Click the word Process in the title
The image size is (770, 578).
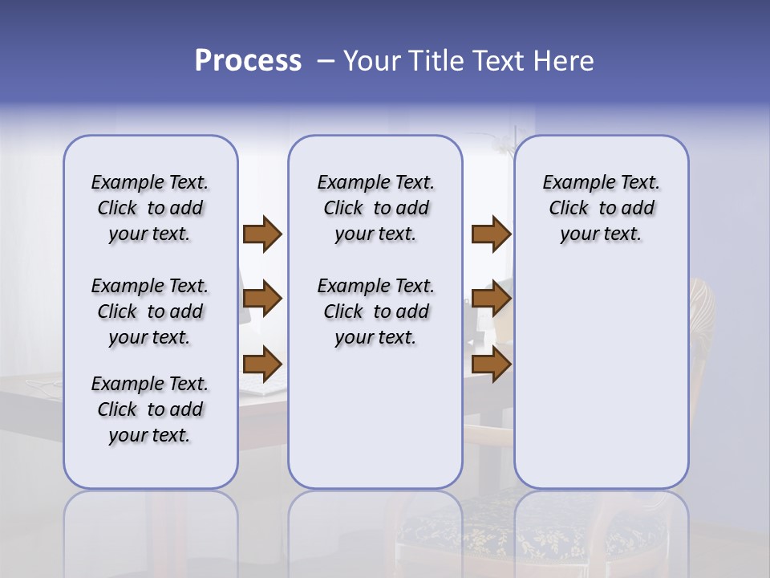(248, 61)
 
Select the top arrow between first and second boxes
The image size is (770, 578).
(262, 234)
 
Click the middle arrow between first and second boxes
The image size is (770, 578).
(262, 299)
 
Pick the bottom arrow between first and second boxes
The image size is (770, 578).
(262, 364)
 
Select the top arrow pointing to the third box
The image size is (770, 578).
(491, 234)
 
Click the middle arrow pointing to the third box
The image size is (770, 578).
(491, 299)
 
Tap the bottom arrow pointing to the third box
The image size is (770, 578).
(491, 364)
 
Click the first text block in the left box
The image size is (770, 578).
(150, 208)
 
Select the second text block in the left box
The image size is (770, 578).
(150, 311)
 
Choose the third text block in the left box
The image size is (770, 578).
(150, 409)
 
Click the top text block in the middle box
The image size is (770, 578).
(375, 208)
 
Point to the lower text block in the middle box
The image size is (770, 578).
(375, 311)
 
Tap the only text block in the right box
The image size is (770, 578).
(601, 208)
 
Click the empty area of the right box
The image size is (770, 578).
(601, 369)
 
